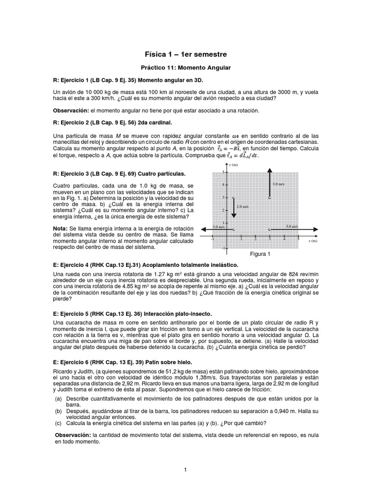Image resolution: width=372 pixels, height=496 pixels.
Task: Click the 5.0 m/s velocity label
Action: (x=292, y=226)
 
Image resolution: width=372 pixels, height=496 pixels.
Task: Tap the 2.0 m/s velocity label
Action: (x=242, y=206)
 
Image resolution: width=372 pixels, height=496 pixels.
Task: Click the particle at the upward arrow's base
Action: (x=270, y=198)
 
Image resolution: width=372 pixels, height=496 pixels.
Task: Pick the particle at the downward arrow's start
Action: (x=233, y=198)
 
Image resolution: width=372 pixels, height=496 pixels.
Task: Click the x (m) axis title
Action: (x=312, y=241)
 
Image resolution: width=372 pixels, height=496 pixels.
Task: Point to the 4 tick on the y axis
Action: (x=223, y=185)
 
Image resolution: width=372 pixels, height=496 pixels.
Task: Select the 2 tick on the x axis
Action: (x=255, y=239)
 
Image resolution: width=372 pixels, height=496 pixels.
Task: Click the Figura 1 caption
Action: (x=260, y=254)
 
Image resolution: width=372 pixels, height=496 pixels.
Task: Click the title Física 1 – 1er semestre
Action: (x=186, y=54)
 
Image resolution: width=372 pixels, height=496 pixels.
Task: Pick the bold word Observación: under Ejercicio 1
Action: (x=72, y=110)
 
